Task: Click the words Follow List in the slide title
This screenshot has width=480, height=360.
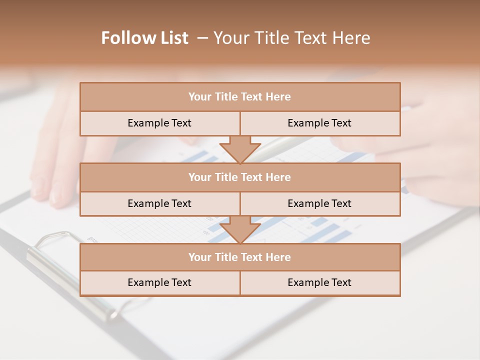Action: coord(144,38)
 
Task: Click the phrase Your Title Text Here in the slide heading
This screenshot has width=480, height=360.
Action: coord(291,38)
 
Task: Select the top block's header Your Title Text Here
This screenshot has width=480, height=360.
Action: coord(239,97)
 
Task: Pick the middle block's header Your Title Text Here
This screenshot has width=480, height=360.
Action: coord(239,177)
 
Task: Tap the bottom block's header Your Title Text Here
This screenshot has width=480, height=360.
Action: coord(239,257)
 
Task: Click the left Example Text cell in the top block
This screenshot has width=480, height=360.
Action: coord(159,123)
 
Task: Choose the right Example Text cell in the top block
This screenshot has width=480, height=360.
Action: coord(319,123)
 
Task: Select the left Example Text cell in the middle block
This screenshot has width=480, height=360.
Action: coord(159,203)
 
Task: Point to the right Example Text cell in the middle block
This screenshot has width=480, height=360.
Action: coord(319,203)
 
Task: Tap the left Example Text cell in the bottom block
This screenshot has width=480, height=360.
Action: coord(159,282)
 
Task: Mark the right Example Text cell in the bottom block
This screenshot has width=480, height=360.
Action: coord(319,282)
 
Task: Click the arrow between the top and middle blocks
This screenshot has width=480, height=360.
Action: coord(240,149)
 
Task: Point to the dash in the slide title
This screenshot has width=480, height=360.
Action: coord(202,38)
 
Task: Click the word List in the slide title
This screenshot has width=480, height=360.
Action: coord(172,38)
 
